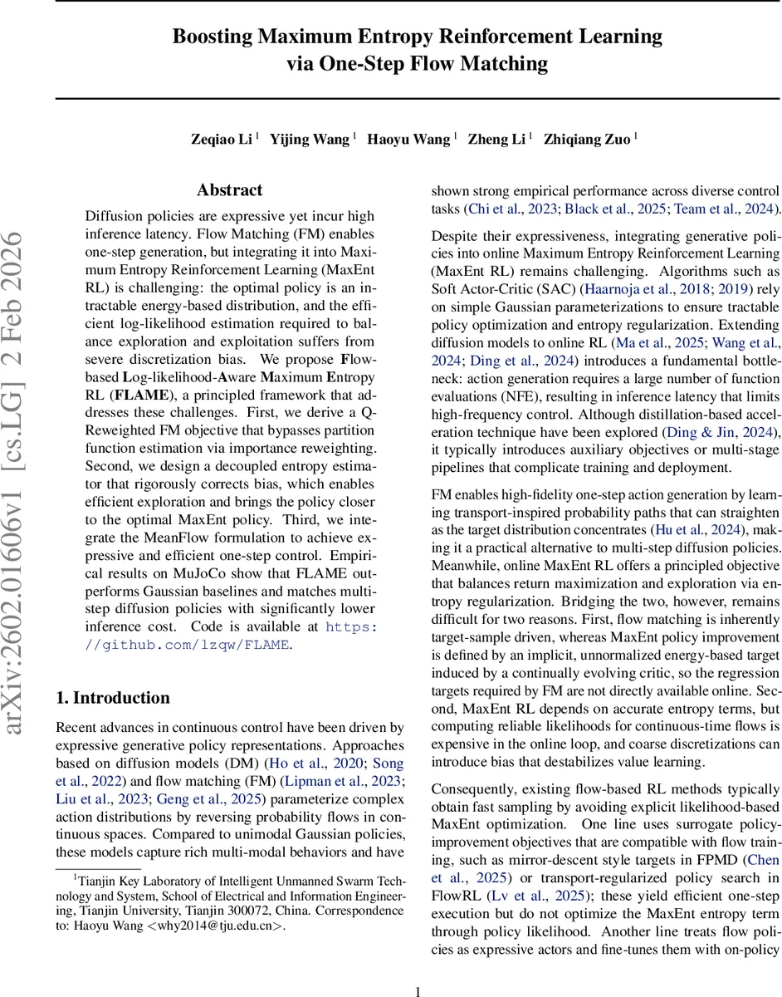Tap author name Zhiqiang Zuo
point(587,140)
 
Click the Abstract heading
point(230,190)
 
